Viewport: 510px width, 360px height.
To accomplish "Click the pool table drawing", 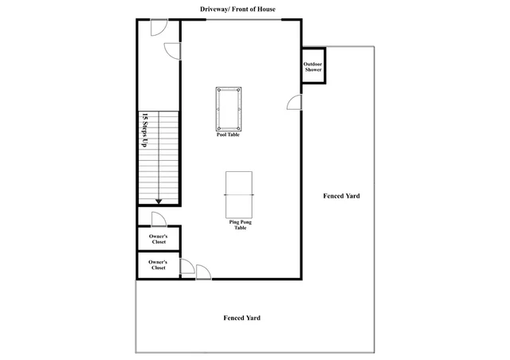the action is pos(229,109).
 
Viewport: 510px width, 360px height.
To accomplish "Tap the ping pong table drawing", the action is pos(239,195).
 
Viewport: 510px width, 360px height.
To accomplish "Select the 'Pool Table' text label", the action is pos(228,135).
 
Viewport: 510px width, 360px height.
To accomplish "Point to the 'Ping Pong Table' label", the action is pos(241,225).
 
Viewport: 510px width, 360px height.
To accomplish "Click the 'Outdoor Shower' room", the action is pos(313,66).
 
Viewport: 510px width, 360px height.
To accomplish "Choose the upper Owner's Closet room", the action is pos(159,239).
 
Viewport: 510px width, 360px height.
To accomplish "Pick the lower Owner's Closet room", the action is pos(159,264).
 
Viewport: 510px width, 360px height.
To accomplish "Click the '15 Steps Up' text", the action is pos(145,130).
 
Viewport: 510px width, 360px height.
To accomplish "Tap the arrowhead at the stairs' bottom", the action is pos(159,202).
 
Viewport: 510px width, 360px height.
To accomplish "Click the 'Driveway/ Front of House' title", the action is pos(237,9).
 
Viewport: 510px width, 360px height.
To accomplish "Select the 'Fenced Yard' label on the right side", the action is pos(342,196).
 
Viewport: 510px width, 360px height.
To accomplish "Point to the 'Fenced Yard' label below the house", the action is pos(242,318).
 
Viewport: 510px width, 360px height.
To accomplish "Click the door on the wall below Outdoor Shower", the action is pos(294,102).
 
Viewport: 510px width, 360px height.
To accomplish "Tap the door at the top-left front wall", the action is pos(159,27).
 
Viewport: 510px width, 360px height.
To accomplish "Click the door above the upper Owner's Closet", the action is pos(159,219).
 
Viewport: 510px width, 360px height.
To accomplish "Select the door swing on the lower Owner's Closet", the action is pos(187,266).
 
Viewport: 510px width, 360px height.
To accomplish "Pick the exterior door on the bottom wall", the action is pos(203,272).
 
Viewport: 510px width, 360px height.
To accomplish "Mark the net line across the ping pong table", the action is pos(239,195).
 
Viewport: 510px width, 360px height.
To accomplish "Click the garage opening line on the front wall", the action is pos(244,20).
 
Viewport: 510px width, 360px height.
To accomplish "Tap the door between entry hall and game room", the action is pos(172,51).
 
